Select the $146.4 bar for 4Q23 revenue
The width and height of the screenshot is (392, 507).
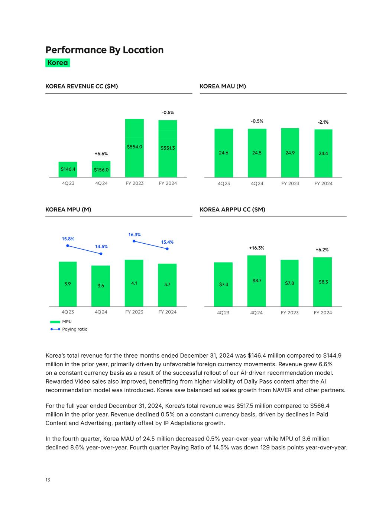(x=68, y=169)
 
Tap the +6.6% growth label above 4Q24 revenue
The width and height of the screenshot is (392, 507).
(x=101, y=153)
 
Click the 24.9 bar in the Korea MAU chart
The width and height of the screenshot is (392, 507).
(x=290, y=153)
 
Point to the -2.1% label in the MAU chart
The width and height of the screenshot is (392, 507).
(x=323, y=122)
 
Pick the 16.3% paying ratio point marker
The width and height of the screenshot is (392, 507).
(x=134, y=241)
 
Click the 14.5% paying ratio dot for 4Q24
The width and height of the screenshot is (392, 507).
(x=101, y=254)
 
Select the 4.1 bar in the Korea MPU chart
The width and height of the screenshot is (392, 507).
(x=134, y=283)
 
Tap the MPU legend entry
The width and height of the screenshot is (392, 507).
(x=61, y=322)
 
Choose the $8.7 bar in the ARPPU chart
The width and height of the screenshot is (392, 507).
(x=256, y=281)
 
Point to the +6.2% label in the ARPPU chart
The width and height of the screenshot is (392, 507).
(x=322, y=250)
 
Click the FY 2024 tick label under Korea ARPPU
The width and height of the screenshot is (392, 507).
(x=323, y=313)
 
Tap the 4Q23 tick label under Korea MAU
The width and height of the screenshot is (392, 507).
(x=224, y=183)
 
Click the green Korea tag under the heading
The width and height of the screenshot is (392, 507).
(x=58, y=63)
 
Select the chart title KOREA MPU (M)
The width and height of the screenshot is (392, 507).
(x=68, y=209)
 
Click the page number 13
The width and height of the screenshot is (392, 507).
(x=48, y=480)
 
